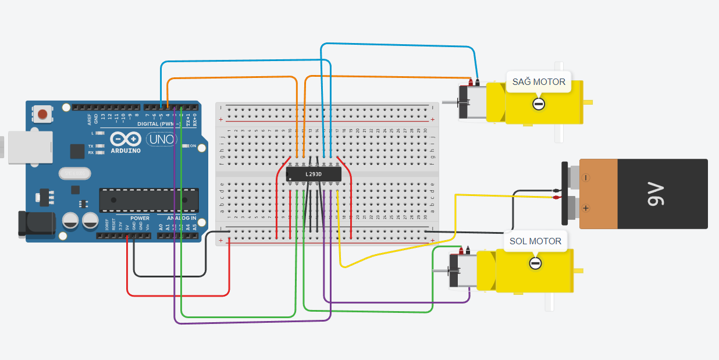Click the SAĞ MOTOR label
[539, 82]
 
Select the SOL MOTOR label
[535, 241]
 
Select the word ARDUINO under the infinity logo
[126, 151]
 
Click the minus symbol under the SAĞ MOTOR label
[539, 104]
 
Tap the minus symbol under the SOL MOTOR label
[535, 263]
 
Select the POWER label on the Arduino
[140, 218]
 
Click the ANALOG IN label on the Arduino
[181, 218]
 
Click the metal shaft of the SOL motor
[440, 272]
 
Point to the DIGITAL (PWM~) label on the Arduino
[157, 124]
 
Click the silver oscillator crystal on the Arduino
[75, 173]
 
